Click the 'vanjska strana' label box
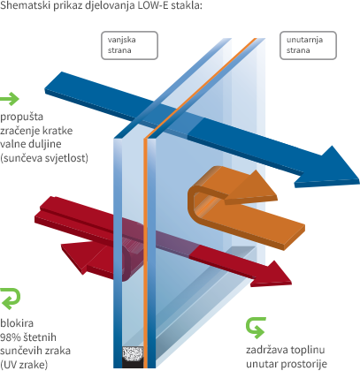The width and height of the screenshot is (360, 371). pos(129,45)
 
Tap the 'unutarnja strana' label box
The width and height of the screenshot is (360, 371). pos(308,45)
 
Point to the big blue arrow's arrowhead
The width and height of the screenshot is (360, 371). pos(330,167)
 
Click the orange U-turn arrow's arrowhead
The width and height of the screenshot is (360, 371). pos(253,187)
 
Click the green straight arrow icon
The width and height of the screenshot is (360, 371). pos(10,99)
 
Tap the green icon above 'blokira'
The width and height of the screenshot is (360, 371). pos(11,299)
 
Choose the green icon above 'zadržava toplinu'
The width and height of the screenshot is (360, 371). pos(256,328)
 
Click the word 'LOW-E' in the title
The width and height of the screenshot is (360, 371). pos(153,5)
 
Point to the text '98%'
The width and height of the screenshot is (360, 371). pos(11,337)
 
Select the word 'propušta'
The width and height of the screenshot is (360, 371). pos(21,117)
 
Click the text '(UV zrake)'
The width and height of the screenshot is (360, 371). pos(24,365)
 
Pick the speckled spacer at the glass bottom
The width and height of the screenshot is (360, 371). pos(133,354)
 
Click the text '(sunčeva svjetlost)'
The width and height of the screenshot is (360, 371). pos(44,158)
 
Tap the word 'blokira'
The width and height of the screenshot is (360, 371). pos(17,323)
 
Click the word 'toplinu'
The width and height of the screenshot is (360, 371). pos(306,350)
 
